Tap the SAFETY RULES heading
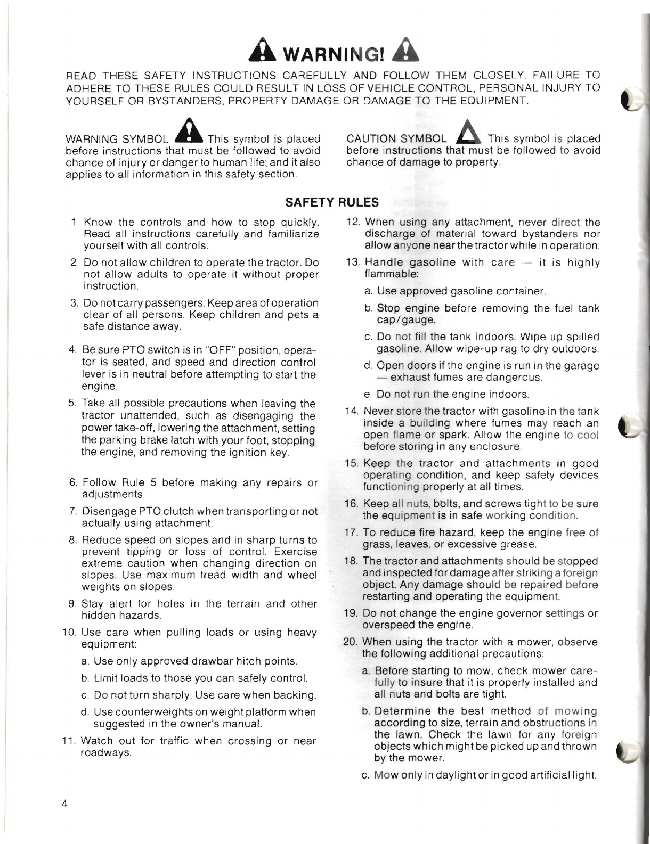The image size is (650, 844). pyautogui.click(x=332, y=202)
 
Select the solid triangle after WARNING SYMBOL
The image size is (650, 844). pyautogui.click(x=187, y=133)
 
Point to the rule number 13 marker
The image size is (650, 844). pyautogui.click(x=354, y=263)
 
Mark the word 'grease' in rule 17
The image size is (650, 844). pyautogui.click(x=518, y=544)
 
